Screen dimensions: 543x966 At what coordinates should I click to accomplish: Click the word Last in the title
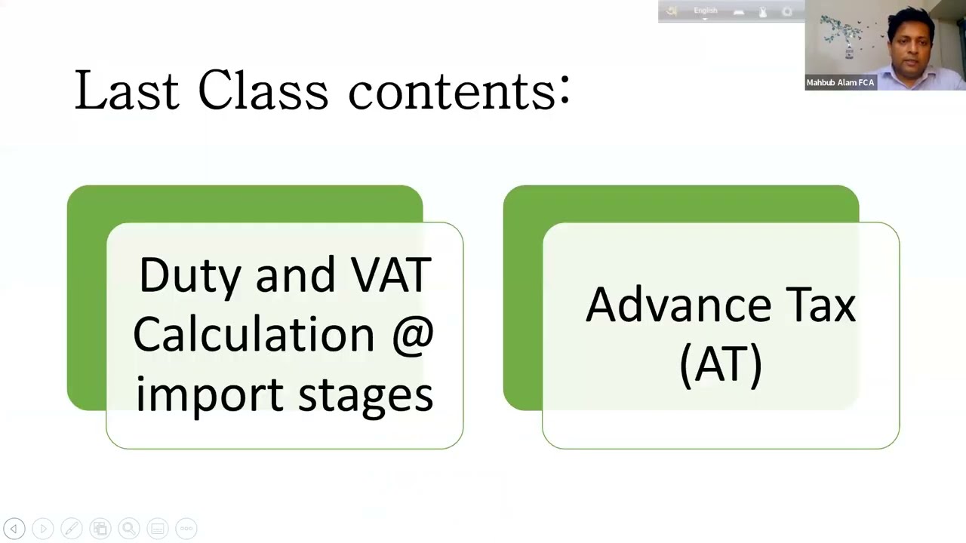tap(126, 92)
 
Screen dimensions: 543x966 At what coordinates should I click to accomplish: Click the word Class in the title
tap(263, 92)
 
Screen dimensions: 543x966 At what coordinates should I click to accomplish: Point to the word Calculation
tap(254, 335)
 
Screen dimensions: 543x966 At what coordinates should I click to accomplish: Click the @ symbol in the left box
tap(413, 335)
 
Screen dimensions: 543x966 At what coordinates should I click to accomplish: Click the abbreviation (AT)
tap(721, 366)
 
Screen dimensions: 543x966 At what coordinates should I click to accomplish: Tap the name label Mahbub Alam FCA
tap(840, 83)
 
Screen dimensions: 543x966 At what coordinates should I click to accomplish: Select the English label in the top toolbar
tap(706, 11)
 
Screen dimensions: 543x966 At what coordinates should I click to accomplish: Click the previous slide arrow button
tap(14, 529)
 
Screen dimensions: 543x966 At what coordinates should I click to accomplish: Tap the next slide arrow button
tap(42, 529)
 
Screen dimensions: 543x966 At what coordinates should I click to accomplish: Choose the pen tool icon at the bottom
tap(71, 529)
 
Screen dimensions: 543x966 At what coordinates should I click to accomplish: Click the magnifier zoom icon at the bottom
tap(128, 529)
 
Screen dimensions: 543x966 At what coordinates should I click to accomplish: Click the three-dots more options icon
tap(186, 529)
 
